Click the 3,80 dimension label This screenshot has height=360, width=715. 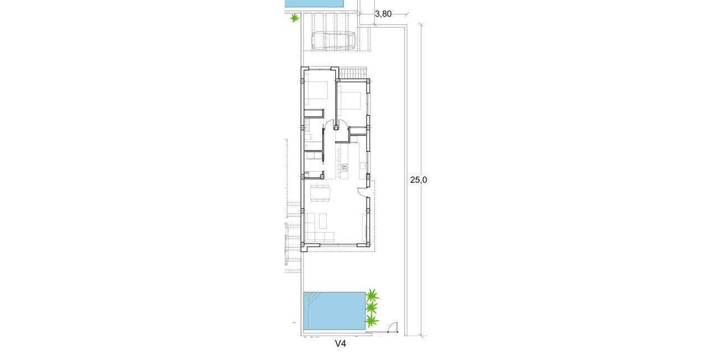(383, 15)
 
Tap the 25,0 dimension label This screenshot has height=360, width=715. (419, 179)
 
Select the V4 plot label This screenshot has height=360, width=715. (341, 344)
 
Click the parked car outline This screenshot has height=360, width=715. (333, 40)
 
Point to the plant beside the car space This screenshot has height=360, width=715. (295, 18)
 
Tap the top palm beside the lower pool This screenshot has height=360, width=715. (373, 295)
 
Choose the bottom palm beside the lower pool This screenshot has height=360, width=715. (372, 321)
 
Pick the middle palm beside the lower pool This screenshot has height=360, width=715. (371, 308)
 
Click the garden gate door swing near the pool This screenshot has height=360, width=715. (392, 327)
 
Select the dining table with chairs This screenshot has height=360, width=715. (320, 193)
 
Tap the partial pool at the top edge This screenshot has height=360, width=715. (314, 3)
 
